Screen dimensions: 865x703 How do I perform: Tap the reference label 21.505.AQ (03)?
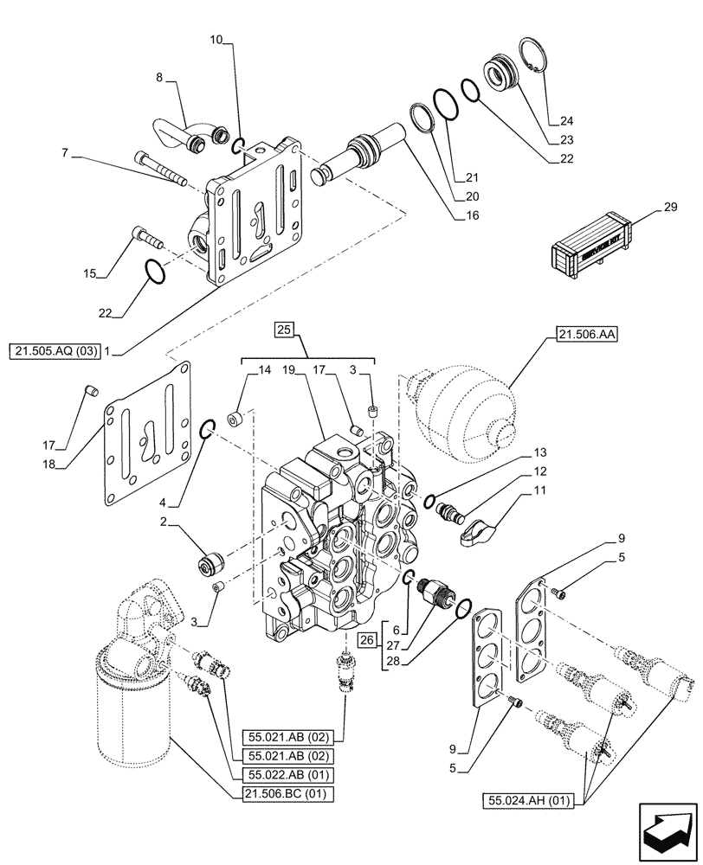[x=54, y=350]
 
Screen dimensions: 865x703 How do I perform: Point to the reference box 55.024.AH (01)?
[x=527, y=800]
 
